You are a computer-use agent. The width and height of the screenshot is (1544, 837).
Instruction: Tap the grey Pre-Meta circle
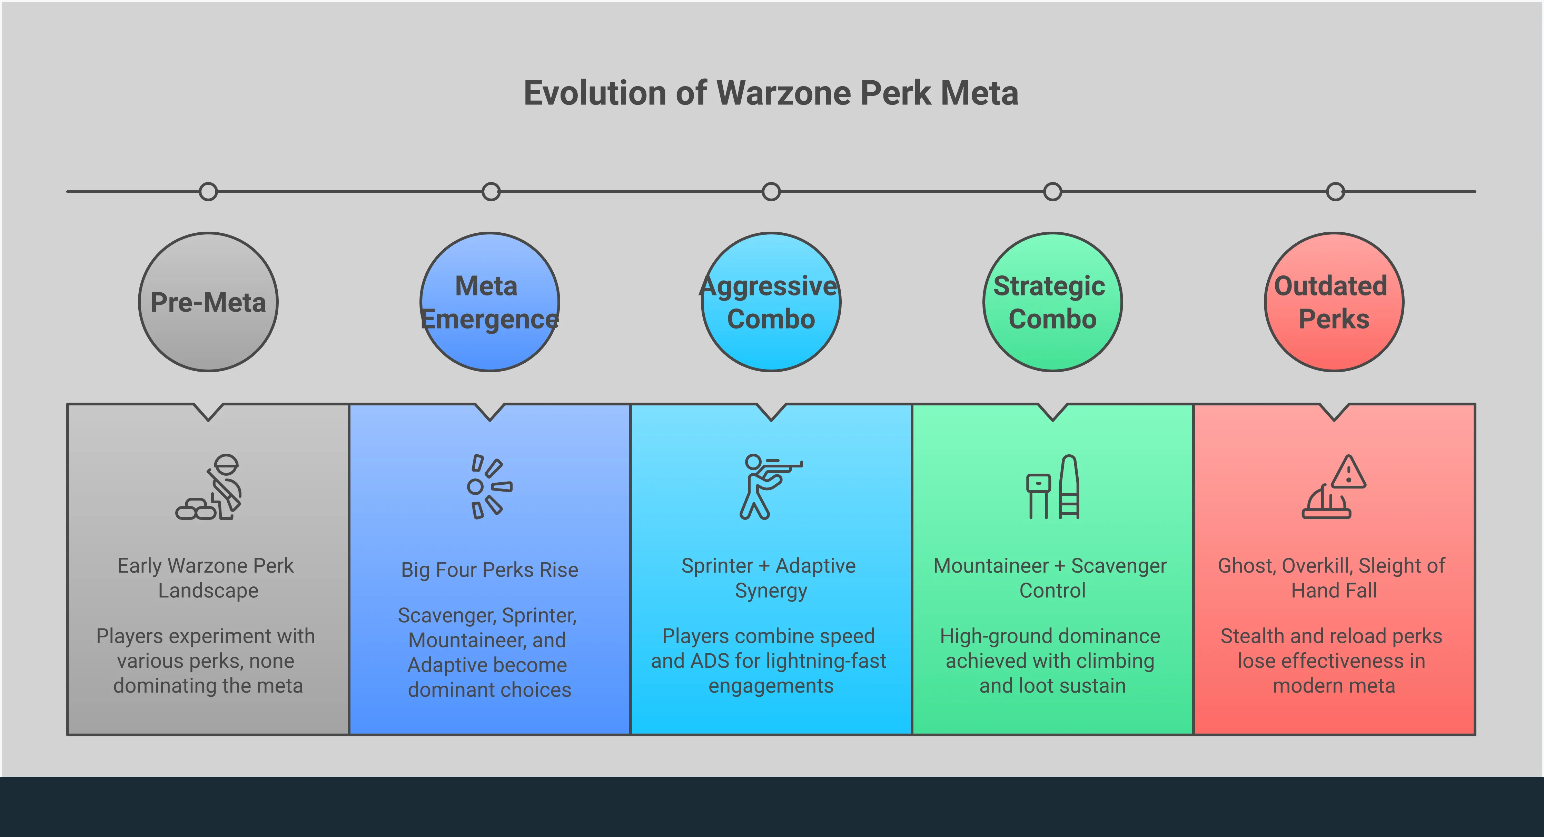tap(208, 302)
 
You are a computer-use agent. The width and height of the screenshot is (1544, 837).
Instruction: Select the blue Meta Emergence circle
tap(490, 302)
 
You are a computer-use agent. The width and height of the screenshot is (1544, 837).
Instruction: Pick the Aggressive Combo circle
tap(771, 302)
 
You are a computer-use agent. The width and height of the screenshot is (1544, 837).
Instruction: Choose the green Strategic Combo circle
tap(1052, 302)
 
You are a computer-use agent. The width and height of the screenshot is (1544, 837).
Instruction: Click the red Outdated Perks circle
tap(1334, 302)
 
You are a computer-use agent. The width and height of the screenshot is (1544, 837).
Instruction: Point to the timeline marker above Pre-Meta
tap(208, 192)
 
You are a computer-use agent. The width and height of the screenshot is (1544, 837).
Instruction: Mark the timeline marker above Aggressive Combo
tap(771, 192)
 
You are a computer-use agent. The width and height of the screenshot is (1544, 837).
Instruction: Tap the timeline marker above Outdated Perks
tap(1335, 192)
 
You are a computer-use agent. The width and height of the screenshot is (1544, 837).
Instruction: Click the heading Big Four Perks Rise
tap(490, 570)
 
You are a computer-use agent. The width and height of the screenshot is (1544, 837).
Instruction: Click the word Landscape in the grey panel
tap(208, 591)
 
